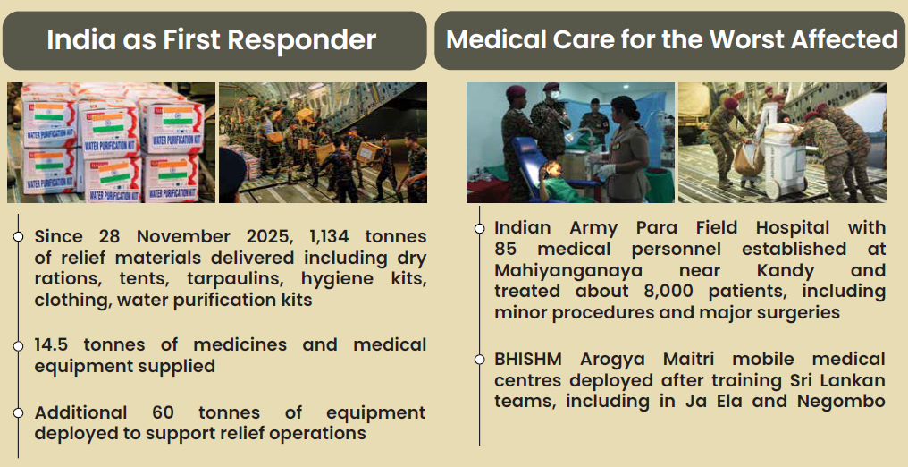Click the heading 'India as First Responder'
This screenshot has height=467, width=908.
click(x=212, y=40)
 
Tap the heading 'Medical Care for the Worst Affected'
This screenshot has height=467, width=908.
click(x=672, y=40)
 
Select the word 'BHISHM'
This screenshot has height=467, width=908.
click(x=527, y=359)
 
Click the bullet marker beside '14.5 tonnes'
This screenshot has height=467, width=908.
click(x=18, y=346)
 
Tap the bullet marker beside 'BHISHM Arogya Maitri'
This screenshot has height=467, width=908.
click(x=480, y=360)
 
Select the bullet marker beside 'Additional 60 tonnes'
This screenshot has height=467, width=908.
click(x=18, y=412)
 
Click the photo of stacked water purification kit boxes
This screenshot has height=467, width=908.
click(x=111, y=142)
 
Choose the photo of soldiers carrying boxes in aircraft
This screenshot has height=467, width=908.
click(x=324, y=142)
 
